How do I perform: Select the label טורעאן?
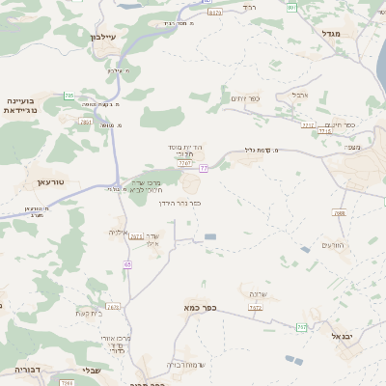pos(49,181)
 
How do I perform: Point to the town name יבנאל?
pos(344,336)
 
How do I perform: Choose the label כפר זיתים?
pos(245,97)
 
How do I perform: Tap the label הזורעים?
pos(333,244)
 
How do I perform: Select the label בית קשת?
pos(89,312)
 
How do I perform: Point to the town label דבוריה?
pos(29,369)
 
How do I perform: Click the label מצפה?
pos(350,147)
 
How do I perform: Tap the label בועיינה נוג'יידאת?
pos(20,105)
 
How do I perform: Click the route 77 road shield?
pos(204,168)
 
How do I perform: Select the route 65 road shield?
pos(127,263)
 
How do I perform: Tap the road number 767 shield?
pos(302,327)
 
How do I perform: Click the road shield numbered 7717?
pos(308,124)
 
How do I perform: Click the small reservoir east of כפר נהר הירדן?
pos(210,236)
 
